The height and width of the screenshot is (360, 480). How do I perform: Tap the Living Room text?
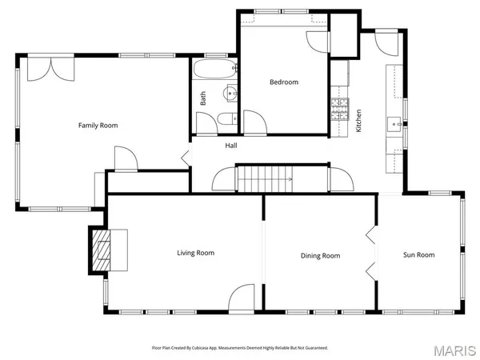pos(196,253)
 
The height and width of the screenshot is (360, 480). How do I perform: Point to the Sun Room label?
pos(418,254)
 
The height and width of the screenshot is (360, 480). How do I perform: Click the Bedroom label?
pos(283,82)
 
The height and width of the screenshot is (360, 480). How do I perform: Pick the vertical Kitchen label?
pos(359,120)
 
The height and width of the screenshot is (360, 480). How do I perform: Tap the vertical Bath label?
pos(203,98)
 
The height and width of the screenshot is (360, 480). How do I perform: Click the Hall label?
pos(230,146)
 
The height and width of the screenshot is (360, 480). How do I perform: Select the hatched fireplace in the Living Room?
pos(101,251)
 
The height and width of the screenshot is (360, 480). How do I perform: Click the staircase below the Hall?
pos(264,178)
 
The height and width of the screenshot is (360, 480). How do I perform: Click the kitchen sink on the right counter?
pos(394,124)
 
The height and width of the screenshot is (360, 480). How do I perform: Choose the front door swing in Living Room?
pos(242,301)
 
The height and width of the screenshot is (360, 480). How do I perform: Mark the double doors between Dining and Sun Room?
pos(371,254)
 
